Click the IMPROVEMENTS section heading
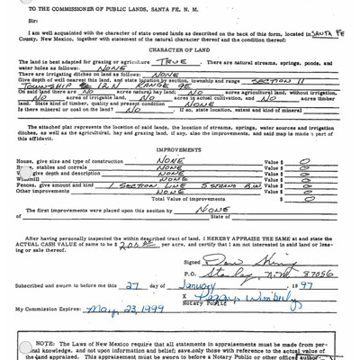[179, 151]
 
